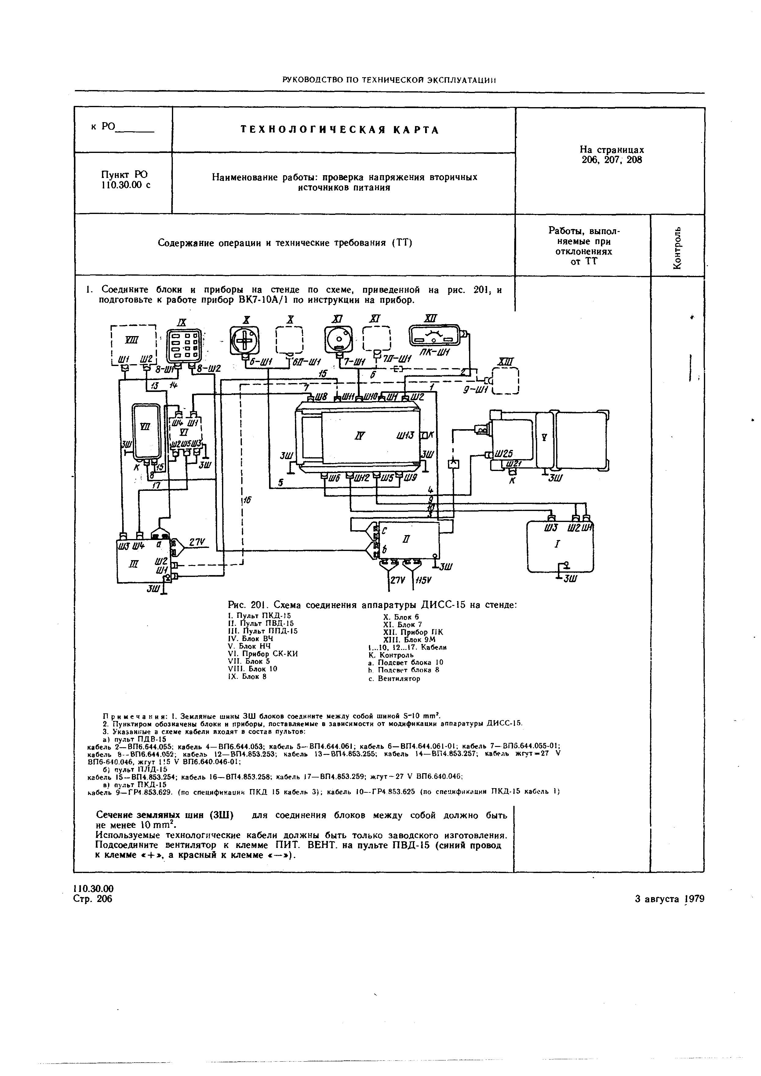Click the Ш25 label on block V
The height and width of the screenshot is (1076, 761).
point(503,454)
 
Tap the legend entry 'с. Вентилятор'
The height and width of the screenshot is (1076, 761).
point(394,678)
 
